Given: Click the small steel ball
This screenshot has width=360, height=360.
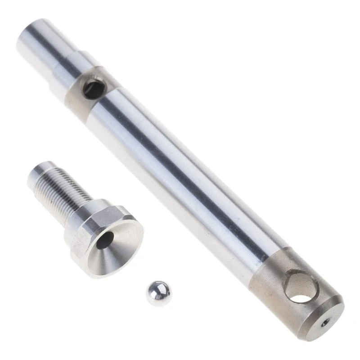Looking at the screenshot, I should tap(158, 293).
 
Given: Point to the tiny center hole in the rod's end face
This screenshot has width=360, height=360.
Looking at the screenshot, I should tap(325, 322).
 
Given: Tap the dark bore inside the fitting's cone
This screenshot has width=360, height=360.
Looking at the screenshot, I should tap(104, 241).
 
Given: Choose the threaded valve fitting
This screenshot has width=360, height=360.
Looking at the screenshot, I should tap(85, 216).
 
